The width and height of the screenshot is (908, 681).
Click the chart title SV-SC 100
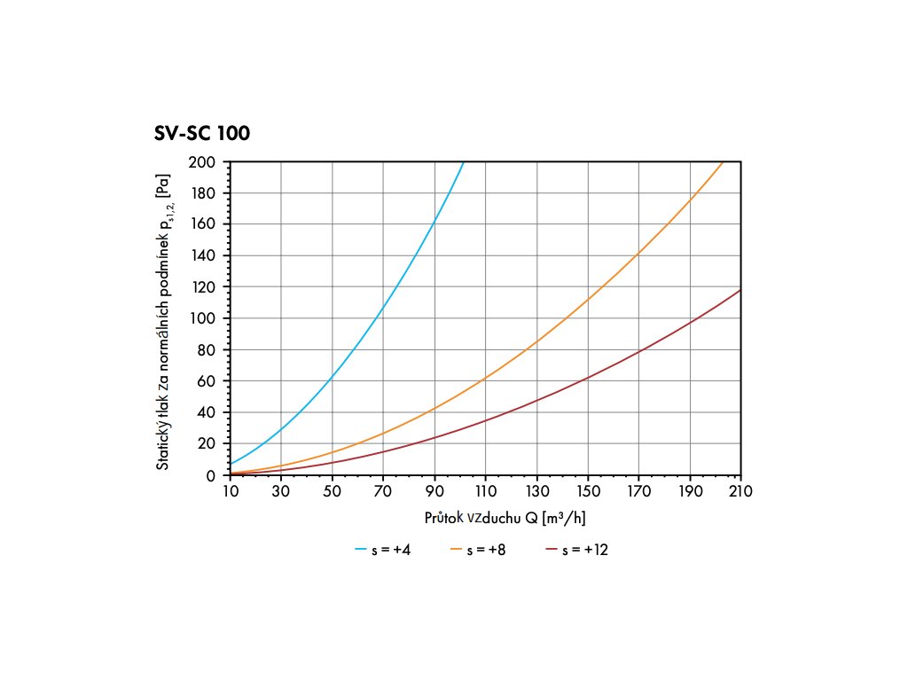point(202,135)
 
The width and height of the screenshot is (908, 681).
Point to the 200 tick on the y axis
point(201,162)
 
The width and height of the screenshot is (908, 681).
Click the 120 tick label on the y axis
point(201,287)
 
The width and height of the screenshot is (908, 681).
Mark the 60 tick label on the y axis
point(205,381)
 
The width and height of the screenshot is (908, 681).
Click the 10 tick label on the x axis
point(230,490)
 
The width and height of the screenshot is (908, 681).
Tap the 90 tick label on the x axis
point(434,490)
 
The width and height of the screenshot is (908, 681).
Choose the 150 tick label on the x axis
point(588,490)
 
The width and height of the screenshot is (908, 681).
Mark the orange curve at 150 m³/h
point(588,300)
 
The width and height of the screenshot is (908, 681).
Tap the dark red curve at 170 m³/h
point(638,352)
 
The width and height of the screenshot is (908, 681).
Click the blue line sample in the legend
point(360,550)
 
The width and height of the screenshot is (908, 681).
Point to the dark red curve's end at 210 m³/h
point(740,290)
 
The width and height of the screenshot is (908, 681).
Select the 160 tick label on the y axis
point(201,224)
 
